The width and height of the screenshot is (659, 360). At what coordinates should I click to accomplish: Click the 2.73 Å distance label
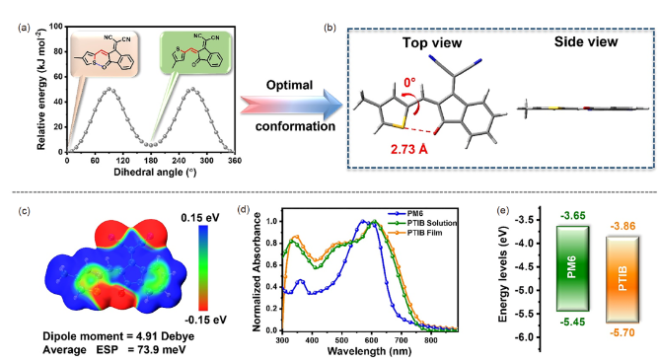pyautogui.click(x=409, y=149)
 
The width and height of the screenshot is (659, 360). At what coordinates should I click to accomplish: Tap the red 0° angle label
pyautogui.click(x=409, y=82)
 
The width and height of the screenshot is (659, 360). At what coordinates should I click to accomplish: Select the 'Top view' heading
pyautogui.click(x=432, y=42)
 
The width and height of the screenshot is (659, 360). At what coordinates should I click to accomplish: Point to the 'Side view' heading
pyautogui.click(x=586, y=41)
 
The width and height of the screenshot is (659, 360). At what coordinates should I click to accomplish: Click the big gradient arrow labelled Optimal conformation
pyautogui.click(x=292, y=105)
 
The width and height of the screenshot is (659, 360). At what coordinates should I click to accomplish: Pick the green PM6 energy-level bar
pyautogui.click(x=572, y=268)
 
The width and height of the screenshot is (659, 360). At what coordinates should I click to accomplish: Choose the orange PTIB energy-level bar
pyautogui.click(x=622, y=279)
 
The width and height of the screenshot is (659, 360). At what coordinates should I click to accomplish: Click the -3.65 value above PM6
pyautogui.click(x=572, y=216)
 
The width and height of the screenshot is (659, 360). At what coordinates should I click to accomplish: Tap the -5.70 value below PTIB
pyautogui.click(x=622, y=333)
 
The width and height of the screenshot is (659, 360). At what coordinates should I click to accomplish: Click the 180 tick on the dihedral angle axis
pyautogui.click(x=151, y=161)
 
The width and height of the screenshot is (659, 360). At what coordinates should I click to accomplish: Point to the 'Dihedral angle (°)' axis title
pyautogui.click(x=155, y=173)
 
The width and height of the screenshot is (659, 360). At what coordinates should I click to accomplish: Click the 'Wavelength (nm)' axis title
pyautogui.click(x=369, y=350)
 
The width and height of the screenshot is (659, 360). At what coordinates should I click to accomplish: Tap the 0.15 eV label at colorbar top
pyautogui.click(x=200, y=218)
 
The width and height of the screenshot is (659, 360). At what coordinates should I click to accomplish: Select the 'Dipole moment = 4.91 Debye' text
pyautogui.click(x=118, y=336)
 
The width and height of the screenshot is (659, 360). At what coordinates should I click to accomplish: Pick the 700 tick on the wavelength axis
pyautogui.click(x=401, y=339)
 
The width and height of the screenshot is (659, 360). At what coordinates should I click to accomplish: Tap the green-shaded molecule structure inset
pyautogui.click(x=196, y=52)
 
